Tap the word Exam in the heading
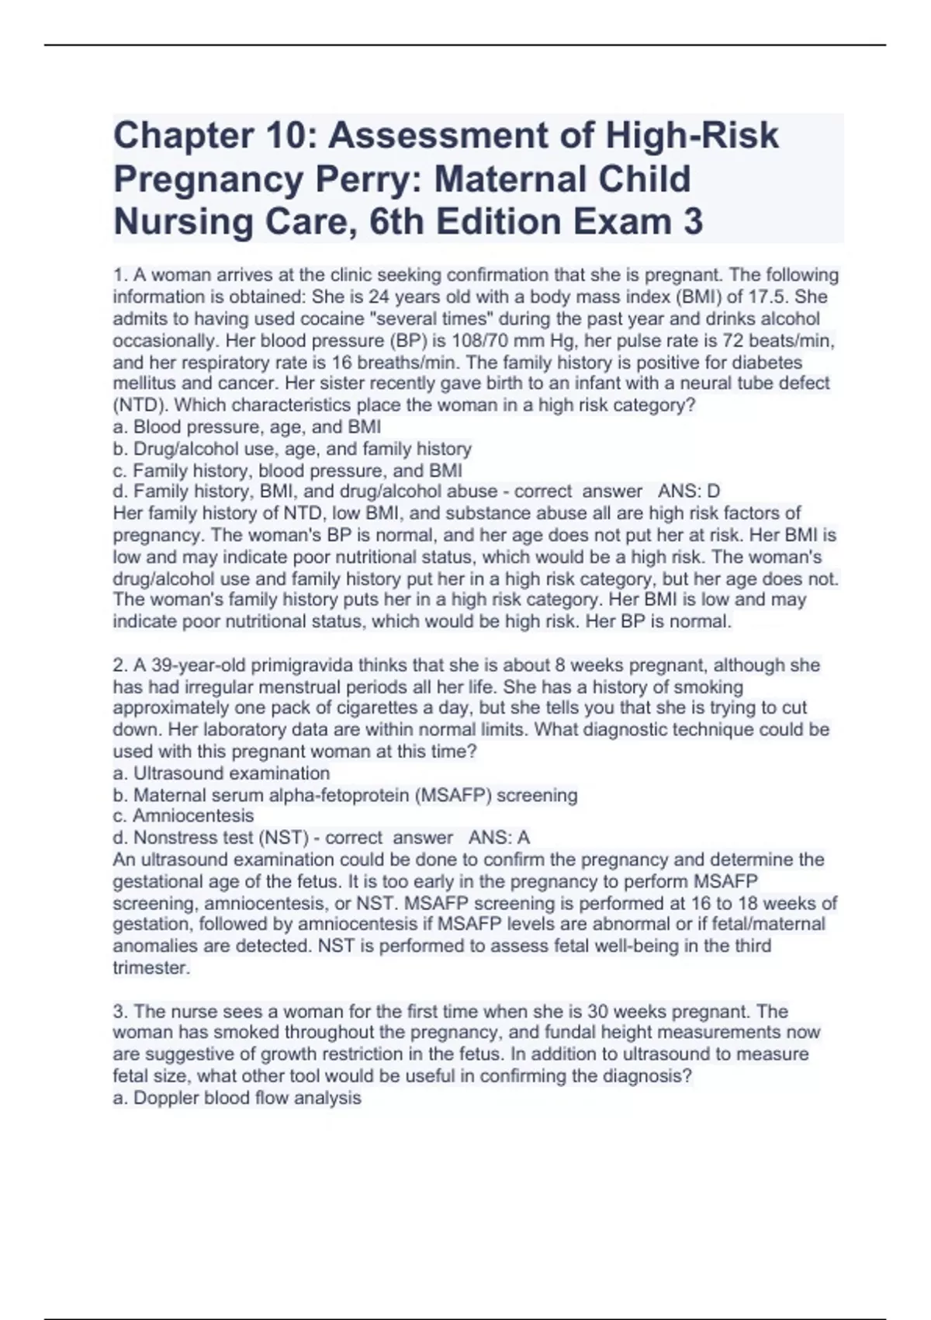[623, 222]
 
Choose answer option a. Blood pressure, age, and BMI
[247, 427]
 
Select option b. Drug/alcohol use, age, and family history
[292, 449]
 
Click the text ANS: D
[689, 492]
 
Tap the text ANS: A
[499, 838]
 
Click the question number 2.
[119, 665]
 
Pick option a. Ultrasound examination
[221, 773]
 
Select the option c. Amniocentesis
[183, 816]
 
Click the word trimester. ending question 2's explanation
[151, 968]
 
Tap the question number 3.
[119, 1012]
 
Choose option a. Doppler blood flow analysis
[237, 1098]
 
